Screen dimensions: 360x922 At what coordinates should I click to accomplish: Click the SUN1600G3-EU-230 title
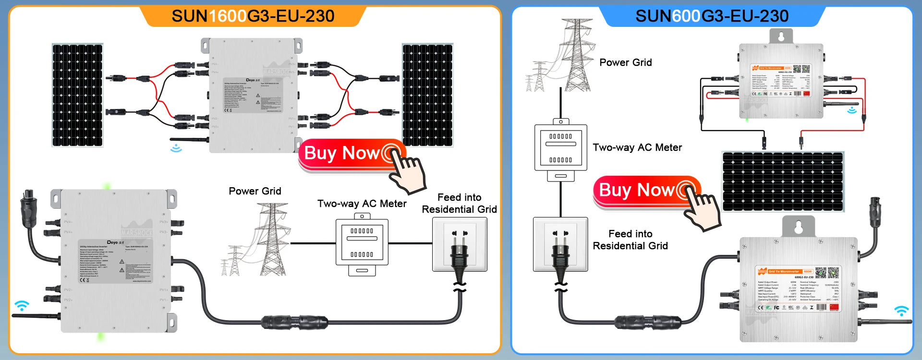pyautogui.click(x=253, y=16)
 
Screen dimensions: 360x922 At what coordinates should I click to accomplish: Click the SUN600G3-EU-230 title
pyautogui.click(x=712, y=16)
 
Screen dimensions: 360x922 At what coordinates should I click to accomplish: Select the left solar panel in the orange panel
pyautogui.click(x=77, y=95)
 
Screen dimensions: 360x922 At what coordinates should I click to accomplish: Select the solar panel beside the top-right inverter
pyautogui.click(x=427, y=95)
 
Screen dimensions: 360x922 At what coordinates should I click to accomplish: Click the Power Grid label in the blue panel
pyautogui.click(x=625, y=62)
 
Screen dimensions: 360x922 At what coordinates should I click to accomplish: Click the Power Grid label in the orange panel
pyautogui.click(x=255, y=191)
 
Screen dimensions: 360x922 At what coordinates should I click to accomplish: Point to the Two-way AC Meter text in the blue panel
pyautogui.click(x=637, y=147)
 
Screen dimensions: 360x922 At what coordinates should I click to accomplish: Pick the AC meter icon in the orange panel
pyautogui.click(x=362, y=244)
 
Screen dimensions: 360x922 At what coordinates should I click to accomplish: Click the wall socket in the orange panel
pyautogui.click(x=460, y=244)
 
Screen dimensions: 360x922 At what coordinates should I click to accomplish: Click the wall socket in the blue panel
pyautogui.click(x=560, y=244)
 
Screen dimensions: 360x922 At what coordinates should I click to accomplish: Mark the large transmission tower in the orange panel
pyautogui.click(x=272, y=238)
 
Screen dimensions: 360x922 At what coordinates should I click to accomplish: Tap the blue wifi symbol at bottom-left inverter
pyautogui.click(x=22, y=305)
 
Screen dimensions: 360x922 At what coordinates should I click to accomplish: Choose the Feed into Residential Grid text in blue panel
pyautogui.click(x=630, y=240)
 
